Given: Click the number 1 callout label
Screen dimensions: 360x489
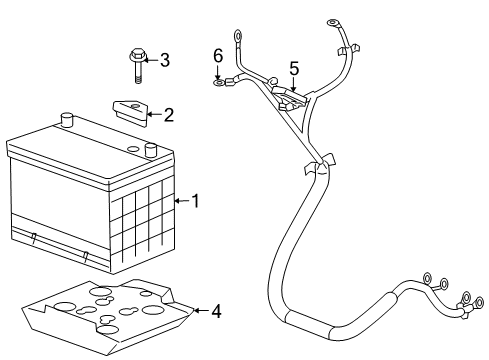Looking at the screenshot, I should pos(196,201).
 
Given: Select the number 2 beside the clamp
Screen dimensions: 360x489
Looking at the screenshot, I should pos(168,115).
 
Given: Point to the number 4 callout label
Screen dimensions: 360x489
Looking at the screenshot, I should pos(216,311).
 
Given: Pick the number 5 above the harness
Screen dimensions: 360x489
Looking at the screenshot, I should pos(294,68).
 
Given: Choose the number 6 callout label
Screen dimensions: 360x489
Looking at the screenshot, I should pos(217,56).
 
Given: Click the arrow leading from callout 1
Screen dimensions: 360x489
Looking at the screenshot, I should pos(181,201).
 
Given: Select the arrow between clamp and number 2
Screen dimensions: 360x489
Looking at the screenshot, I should pos(152,115).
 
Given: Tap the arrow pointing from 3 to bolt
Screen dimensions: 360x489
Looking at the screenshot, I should pos(149,60).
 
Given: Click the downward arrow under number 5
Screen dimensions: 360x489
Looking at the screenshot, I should pos(293,84).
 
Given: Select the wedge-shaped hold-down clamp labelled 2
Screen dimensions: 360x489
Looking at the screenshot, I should pos(126,109).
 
